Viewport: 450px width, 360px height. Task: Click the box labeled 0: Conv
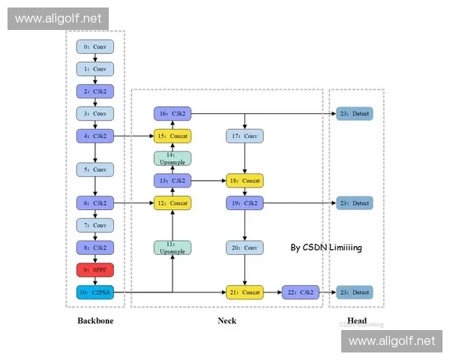95,46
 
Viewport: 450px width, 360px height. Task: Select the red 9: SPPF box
95,270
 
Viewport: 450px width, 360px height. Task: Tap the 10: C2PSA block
95,292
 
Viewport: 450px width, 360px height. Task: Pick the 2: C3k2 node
95,91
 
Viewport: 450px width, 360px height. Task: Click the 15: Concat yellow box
172,136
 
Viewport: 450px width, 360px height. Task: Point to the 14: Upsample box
172,158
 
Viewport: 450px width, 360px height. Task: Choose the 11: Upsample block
172,247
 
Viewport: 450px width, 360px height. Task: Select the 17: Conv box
245,136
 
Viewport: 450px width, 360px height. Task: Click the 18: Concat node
245,181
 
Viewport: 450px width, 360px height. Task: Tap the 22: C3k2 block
300,292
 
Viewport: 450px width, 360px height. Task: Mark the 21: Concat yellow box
245,292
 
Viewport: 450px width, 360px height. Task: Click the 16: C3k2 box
172,113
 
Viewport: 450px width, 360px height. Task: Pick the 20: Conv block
245,247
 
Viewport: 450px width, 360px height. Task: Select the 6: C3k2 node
95,202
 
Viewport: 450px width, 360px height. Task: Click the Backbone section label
95,321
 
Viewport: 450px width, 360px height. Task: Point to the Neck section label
226,321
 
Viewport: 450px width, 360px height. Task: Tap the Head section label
357,321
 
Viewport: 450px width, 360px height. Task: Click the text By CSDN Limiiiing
326,247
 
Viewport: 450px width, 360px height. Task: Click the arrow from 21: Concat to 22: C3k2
272,292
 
